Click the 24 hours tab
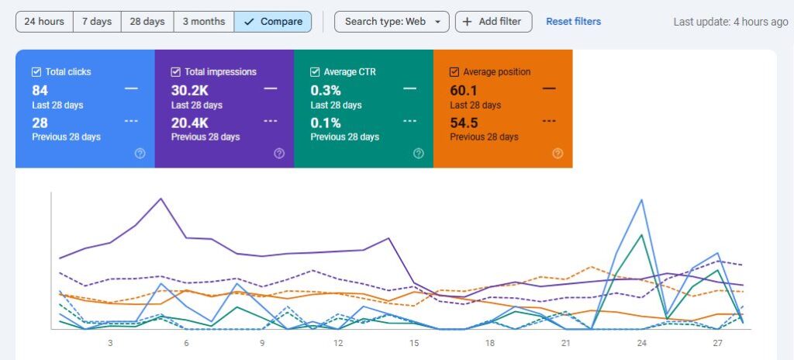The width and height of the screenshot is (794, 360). tap(44, 22)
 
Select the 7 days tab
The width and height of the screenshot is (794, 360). tap(97, 22)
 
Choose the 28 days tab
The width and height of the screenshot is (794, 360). tap(147, 22)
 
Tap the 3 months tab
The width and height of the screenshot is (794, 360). tap(204, 22)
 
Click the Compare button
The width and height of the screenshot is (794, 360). tap(273, 22)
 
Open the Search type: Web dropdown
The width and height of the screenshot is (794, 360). tap(392, 22)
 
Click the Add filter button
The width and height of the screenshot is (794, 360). tap(493, 22)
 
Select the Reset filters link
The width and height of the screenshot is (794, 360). tap(573, 22)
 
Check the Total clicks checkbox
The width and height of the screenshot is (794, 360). tap(36, 72)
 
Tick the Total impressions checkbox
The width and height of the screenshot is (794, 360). tap(176, 72)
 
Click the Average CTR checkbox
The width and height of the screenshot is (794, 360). tap(315, 72)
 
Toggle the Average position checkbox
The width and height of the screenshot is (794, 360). tap(454, 72)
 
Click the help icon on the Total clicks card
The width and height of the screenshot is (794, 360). tap(140, 154)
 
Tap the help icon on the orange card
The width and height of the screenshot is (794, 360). tap(558, 154)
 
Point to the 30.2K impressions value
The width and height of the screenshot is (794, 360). tap(189, 91)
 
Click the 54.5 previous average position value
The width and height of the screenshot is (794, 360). tap(464, 123)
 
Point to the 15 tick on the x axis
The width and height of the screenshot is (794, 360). tap(414, 343)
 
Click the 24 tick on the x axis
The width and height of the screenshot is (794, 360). tap(641, 343)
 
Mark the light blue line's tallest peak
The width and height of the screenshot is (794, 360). tap(642, 199)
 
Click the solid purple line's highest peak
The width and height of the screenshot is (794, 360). tap(161, 199)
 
